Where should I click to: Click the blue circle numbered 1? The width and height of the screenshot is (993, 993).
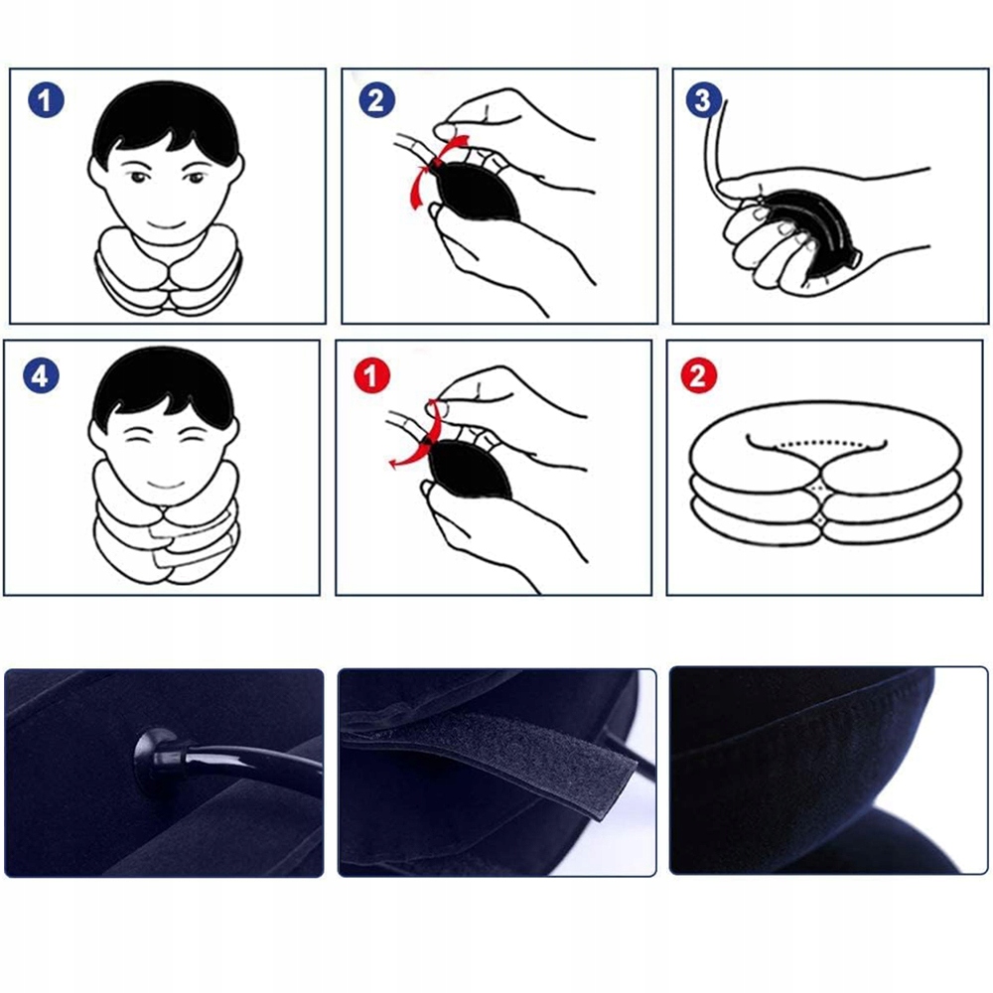46,100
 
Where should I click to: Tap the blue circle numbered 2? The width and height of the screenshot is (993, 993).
376,100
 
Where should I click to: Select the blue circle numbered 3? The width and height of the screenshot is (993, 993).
704,99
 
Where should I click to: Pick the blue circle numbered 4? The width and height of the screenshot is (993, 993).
41,375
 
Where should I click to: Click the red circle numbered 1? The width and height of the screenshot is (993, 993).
371,375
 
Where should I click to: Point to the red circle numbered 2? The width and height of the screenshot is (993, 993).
698,375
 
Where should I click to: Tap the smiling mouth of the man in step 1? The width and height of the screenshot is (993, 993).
166,224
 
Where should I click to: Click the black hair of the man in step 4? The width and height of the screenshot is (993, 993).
165,386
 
